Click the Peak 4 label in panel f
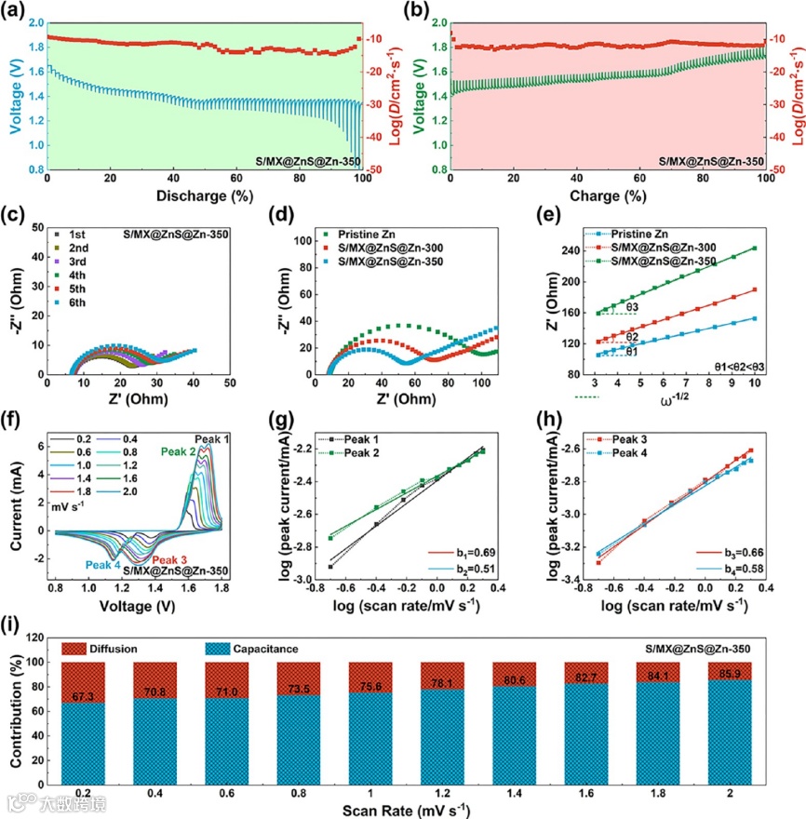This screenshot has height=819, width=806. [x=104, y=564]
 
